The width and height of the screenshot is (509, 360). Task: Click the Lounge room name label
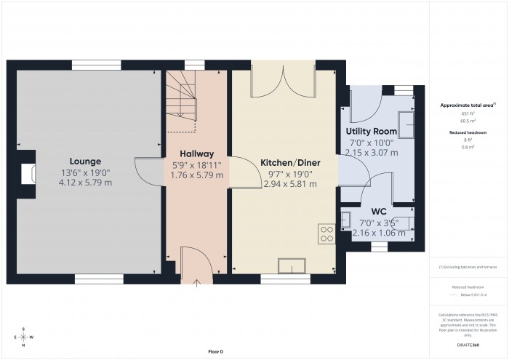tap(85, 161)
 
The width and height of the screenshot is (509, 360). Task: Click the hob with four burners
tap(326, 233)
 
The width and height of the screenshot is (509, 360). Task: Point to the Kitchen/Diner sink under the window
tap(292, 266)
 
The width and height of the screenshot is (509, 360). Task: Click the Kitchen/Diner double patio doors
tap(282, 81)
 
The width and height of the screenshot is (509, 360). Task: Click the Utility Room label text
tap(371, 131)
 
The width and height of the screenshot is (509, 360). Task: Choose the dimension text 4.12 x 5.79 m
tap(85, 182)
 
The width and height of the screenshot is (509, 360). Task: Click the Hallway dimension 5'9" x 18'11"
tap(196, 164)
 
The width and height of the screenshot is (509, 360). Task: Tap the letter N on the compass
tap(24, 346)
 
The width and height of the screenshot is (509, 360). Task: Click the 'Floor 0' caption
tap(215, 351)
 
